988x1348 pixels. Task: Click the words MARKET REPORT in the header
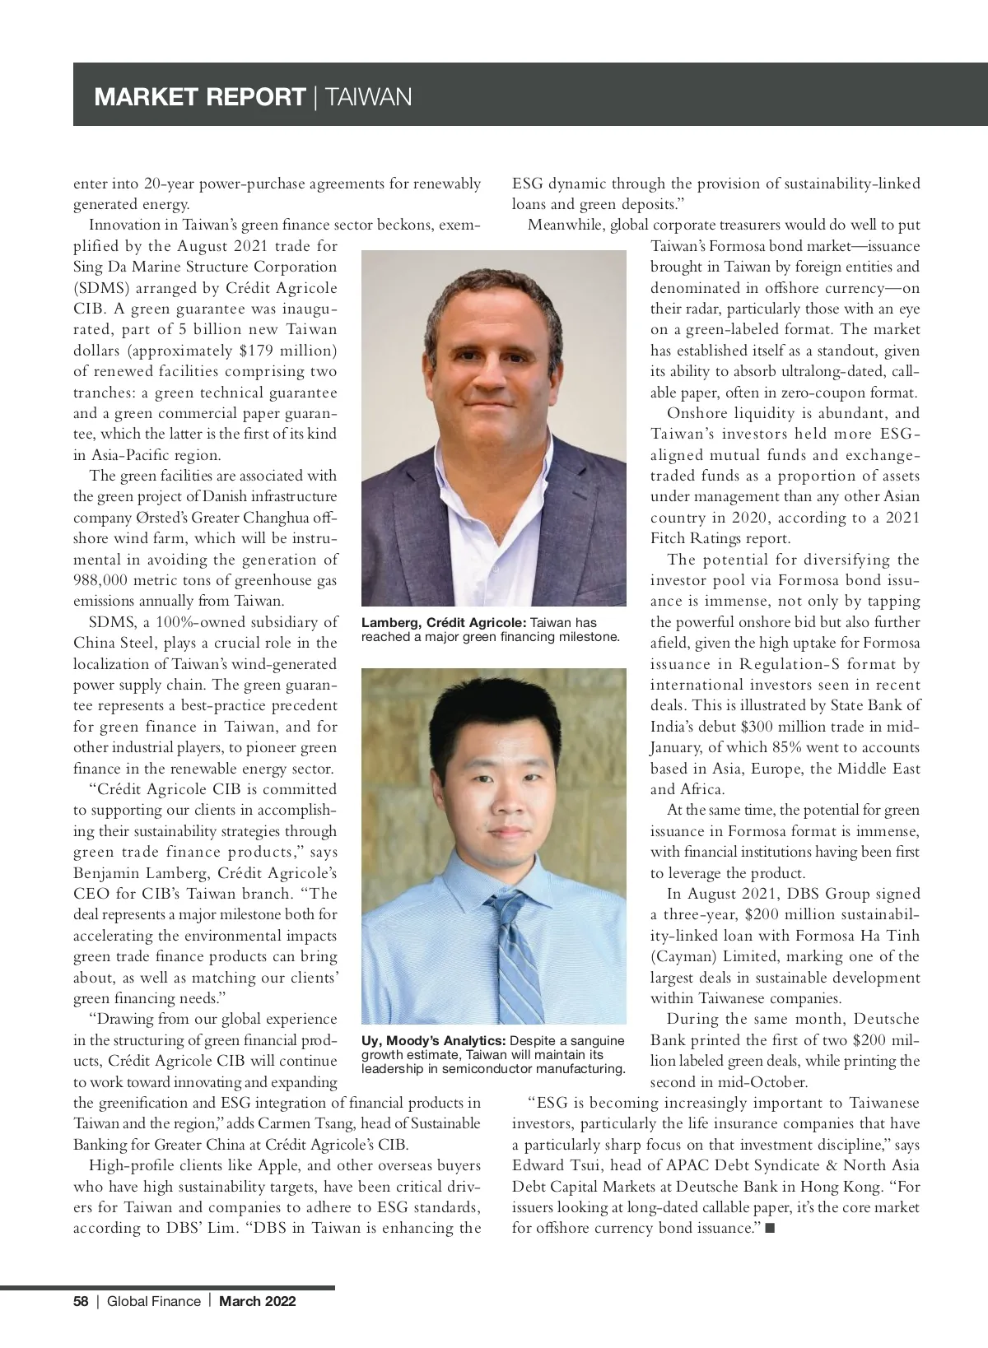tap(200, 97)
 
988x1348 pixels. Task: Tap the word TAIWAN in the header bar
tap(369, 97)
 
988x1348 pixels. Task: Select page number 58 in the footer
tap(81, 1301)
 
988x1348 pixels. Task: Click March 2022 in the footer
tap(257, 1301)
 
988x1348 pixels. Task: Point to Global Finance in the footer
tap(154, 1301)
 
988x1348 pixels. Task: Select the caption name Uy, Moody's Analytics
tap(434, 1041)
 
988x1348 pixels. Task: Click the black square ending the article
tap(770, 1229)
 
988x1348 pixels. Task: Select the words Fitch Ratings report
tap(720, 538)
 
